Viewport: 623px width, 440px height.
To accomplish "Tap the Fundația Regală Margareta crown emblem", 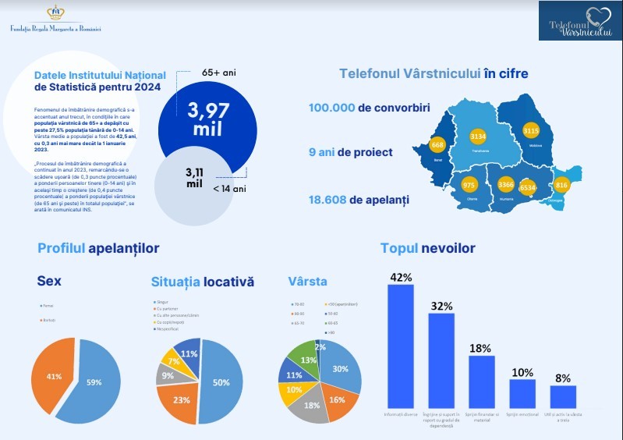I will pos(55,12).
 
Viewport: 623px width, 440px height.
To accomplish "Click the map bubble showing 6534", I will pos(528,187).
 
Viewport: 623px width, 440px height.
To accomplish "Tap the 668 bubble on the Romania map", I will pos(437,145).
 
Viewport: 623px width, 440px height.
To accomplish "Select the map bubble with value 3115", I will pos(531,130).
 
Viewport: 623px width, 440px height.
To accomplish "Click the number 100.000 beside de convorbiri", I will pos(332,108).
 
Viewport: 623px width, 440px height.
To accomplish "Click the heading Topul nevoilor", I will pos(427,249).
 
